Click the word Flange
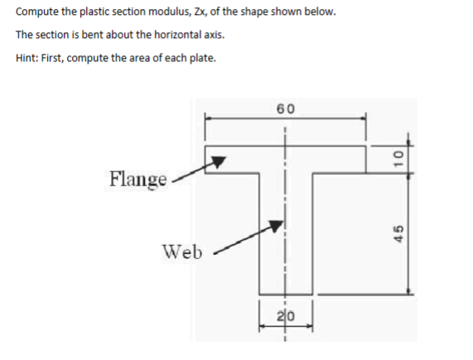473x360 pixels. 138,178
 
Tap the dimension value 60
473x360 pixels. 286,108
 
